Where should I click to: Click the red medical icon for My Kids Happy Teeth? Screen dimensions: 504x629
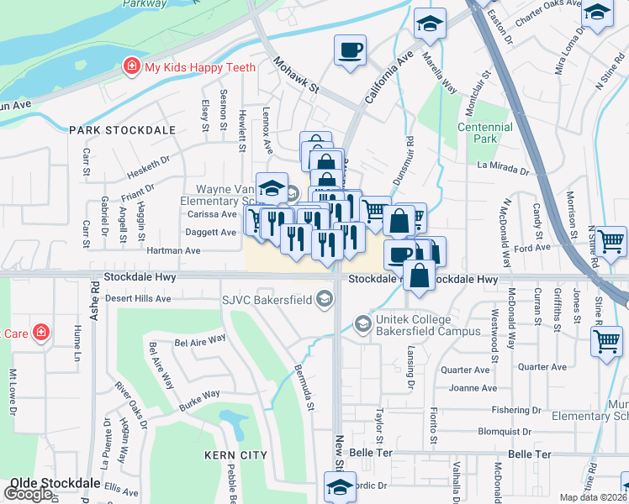[131, 66]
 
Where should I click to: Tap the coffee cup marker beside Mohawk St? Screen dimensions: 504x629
[350, 50]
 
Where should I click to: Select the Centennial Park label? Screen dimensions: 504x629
[484, 133]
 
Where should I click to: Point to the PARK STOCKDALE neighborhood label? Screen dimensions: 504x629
[123, 130]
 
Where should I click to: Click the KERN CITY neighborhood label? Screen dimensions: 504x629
[235, 455]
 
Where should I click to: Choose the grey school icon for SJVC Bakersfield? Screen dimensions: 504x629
[324, 298]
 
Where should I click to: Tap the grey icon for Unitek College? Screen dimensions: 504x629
[362, 323]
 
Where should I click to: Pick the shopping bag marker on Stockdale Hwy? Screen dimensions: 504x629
[420, 276]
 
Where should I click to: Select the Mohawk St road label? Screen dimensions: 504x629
[297, 75]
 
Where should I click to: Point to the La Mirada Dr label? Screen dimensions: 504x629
[503, 168]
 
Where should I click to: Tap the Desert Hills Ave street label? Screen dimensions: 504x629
[138, 298]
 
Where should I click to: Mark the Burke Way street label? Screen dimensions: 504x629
[198, 394]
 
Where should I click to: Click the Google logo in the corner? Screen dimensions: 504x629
[29, 494]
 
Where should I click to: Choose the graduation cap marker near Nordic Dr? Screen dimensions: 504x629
[340, 486]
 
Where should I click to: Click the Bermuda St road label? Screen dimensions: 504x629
[304, 382]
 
